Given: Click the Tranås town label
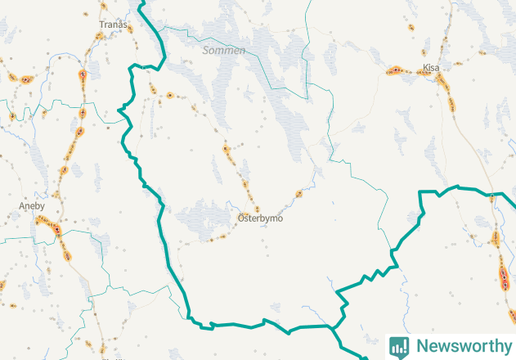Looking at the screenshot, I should [x=113, y=25].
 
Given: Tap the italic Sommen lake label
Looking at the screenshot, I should [x=224, y=51].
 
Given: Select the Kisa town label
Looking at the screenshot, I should [x=431, y=68].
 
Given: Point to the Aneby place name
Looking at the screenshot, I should [x=32, y=206].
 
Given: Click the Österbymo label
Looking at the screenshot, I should [x=260, y=218].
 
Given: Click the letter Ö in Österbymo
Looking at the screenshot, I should [x=241, y=218].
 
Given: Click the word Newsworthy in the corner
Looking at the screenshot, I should [x=460, y=346].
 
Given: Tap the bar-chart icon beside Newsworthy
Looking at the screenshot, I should [x=399, y=346].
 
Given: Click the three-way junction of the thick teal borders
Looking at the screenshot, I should [x=332, y=327].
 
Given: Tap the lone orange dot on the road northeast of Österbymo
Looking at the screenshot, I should [x=298, y=194].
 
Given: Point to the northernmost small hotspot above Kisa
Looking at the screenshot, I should [x=411, y=27].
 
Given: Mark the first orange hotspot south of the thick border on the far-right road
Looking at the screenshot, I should [x=496, y=239].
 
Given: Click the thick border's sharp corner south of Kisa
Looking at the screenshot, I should [x=420, y=191].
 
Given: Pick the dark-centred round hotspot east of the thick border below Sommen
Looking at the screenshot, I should [x=169, y=95].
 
